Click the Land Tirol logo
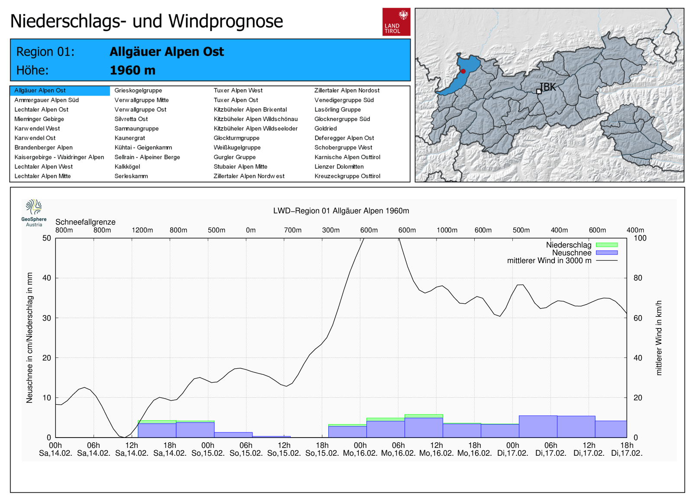coord(396,22)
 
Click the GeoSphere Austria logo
coord(34,212)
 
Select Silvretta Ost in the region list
coord(131,119)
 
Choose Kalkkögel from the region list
coord(127,167)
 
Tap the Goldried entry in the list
coord(326,129)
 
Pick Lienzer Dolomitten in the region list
coord(339,167)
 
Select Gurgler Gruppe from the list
coord(235,157)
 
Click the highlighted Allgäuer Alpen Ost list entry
coord(40,90)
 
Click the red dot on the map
coord(463,71)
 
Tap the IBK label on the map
coord(547,87)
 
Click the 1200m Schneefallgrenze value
coord(142,230)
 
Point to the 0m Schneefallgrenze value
coord(251,230)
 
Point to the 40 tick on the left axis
coord(46,278)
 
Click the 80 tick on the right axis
coord(638,278)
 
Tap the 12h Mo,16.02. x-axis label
coord(437,449)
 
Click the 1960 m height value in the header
coord(133,70)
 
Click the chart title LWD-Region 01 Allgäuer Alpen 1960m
coord(341,211)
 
